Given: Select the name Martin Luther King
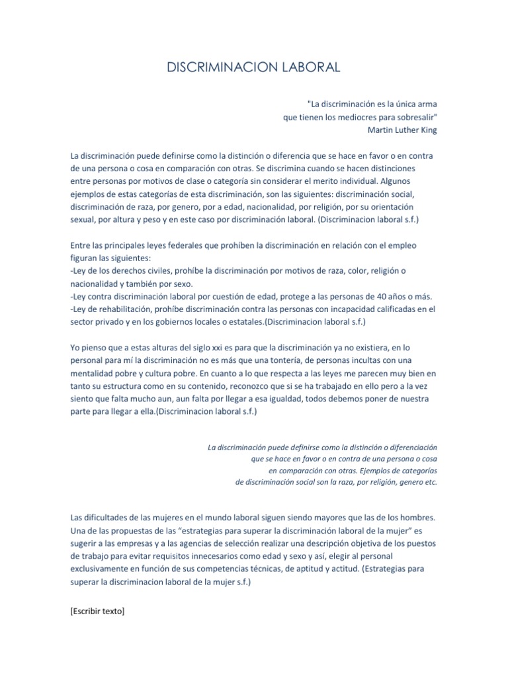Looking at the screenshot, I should point(402,130).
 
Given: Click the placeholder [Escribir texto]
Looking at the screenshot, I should point(97,612).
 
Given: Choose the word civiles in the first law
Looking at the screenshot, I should point(157,271).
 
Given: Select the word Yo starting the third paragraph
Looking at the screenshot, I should point(75,348).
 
